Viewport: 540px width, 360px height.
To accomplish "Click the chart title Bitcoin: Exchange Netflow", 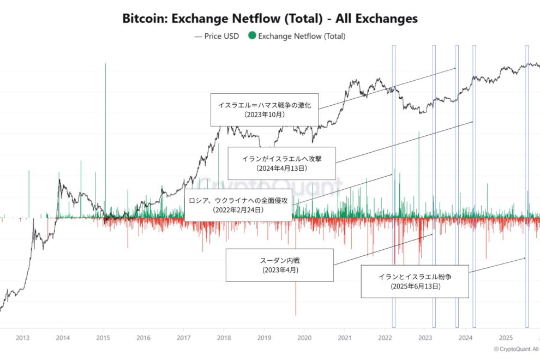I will [x=269, y=18].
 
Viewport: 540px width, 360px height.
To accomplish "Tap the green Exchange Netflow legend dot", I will [x=251, y=36].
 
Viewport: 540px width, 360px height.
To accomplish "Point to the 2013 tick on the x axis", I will [x=22, y=338].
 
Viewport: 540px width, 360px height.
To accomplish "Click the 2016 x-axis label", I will [x=143, y=338].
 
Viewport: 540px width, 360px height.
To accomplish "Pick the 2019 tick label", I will [x=264, y=338].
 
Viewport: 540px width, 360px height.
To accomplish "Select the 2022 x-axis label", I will [x=385, y=338].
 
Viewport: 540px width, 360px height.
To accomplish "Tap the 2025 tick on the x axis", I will [x=506, y=338].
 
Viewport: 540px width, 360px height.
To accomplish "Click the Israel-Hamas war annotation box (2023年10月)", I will [x=265, y=110].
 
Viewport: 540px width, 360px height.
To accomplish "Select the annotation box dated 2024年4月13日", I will [x=281, y=163].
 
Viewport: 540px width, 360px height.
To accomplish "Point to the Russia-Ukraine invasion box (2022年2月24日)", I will [x=238, y=205].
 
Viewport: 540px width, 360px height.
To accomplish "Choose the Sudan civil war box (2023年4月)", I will [x=279, y=265].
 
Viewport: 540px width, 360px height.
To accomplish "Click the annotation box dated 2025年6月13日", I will [x=415, y=281].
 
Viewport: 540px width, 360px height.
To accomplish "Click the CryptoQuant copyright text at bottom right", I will [x=515, y=349].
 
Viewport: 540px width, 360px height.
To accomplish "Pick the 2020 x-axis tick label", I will [x=304, y=338].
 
